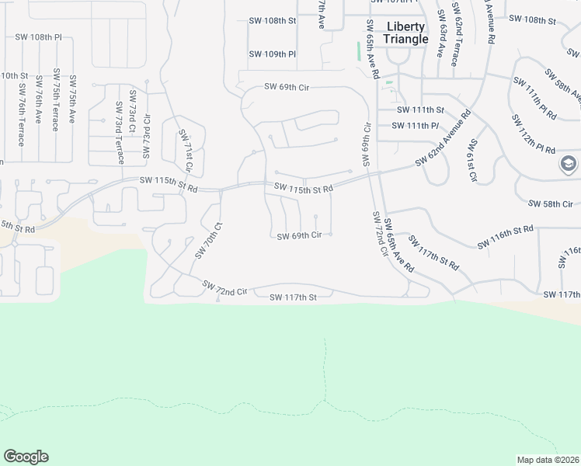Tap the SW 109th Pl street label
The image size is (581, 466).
(273, 54)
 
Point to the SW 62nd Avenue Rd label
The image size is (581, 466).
(443, 139)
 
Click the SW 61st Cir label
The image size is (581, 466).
(471, 161)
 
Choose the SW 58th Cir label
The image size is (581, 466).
(550, 203)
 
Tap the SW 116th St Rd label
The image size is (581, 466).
(505, 238)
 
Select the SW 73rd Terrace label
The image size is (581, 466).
(120, 133)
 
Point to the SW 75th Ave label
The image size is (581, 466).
(72, 99)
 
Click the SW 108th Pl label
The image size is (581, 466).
(38, 37)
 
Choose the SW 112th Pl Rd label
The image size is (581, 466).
(534, 137)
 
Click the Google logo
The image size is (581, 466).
(26, 457)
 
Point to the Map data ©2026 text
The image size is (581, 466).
(548, 460)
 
